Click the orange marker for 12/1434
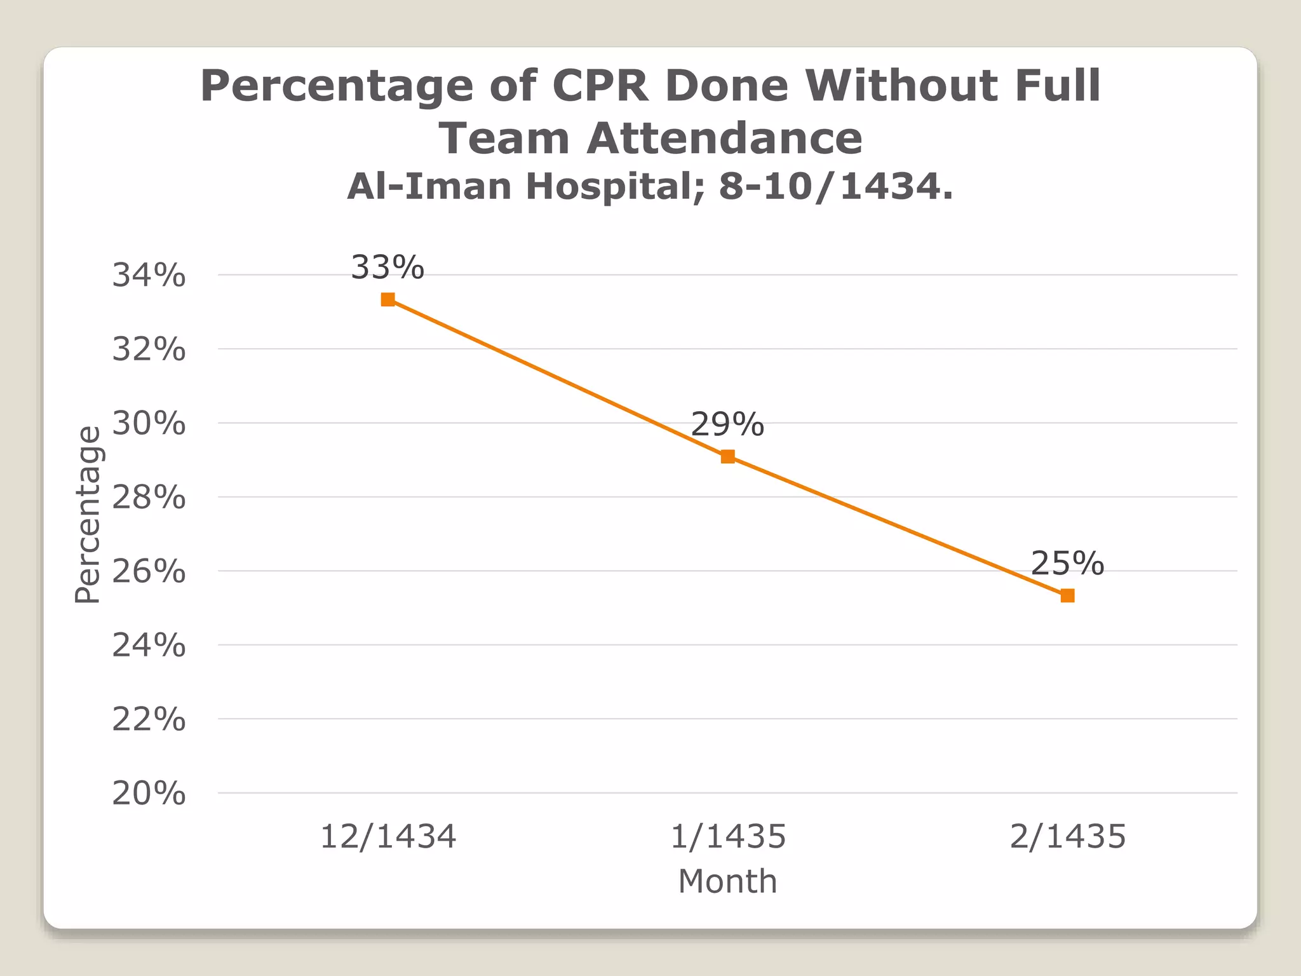pyautogui.click(x=388, y=299)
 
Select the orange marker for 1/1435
pyautogui.click(x=728, y=456)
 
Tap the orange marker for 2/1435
pyautogui.click(x=1068, y=595)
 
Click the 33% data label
pyautogui.click(x=388, y=268)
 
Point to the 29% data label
pyautogui.click(x=727, y=424)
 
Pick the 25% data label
pyautogui.click(x=1067, y=564)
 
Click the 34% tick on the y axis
pyautogui.click(x=149, y=276)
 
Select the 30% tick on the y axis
pyautogui.click(x=149, y=424)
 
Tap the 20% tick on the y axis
pyautogui.click(x=149, y=794)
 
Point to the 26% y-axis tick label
pyautogui.click(x=149, y=572)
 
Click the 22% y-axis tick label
pyautogui.click(x=149, y=720)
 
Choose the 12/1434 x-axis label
pyautogui.click(x=388, y=836)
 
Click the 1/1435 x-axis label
pyautogui.click(x=728, y=836)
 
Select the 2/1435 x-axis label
pyautogui.click(x=1068, y=836)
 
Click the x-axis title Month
pyautogui.click(x=727, y=881)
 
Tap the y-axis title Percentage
pyautogui.click(x=88, y=515)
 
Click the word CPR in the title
pyautogui.click(x=600, y=86)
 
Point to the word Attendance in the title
pyautogui.click(x=724, y=139)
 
